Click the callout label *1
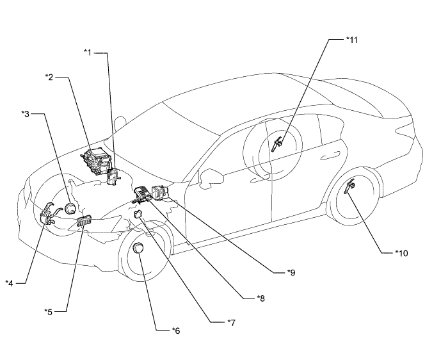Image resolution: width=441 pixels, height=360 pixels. pos(88,53)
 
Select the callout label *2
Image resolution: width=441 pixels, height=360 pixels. pos(49,77)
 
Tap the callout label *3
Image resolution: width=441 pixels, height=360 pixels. pos(26,114)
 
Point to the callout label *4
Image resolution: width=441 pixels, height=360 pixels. pos(10,283)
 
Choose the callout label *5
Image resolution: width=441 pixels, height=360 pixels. pos(49,312)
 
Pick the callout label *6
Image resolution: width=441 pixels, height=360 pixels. pos(176,331)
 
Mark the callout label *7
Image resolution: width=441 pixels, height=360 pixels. pos(232,323)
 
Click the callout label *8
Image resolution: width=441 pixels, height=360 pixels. pos(261,299)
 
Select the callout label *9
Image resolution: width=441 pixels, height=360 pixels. pos(291,272)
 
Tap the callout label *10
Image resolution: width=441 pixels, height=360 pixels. pos(401,253)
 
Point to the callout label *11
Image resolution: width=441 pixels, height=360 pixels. pos(352,40)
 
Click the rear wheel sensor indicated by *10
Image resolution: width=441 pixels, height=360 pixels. pos(349,187)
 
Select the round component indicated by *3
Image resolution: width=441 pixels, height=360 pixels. pos(70,209)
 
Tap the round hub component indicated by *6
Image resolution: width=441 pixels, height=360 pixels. pos(138,248)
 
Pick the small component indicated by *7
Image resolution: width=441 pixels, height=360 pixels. pos(138,214)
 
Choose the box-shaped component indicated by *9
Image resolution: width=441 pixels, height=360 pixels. pos(159,192)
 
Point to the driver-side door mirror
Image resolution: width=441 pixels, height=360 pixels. pos(211,177)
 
